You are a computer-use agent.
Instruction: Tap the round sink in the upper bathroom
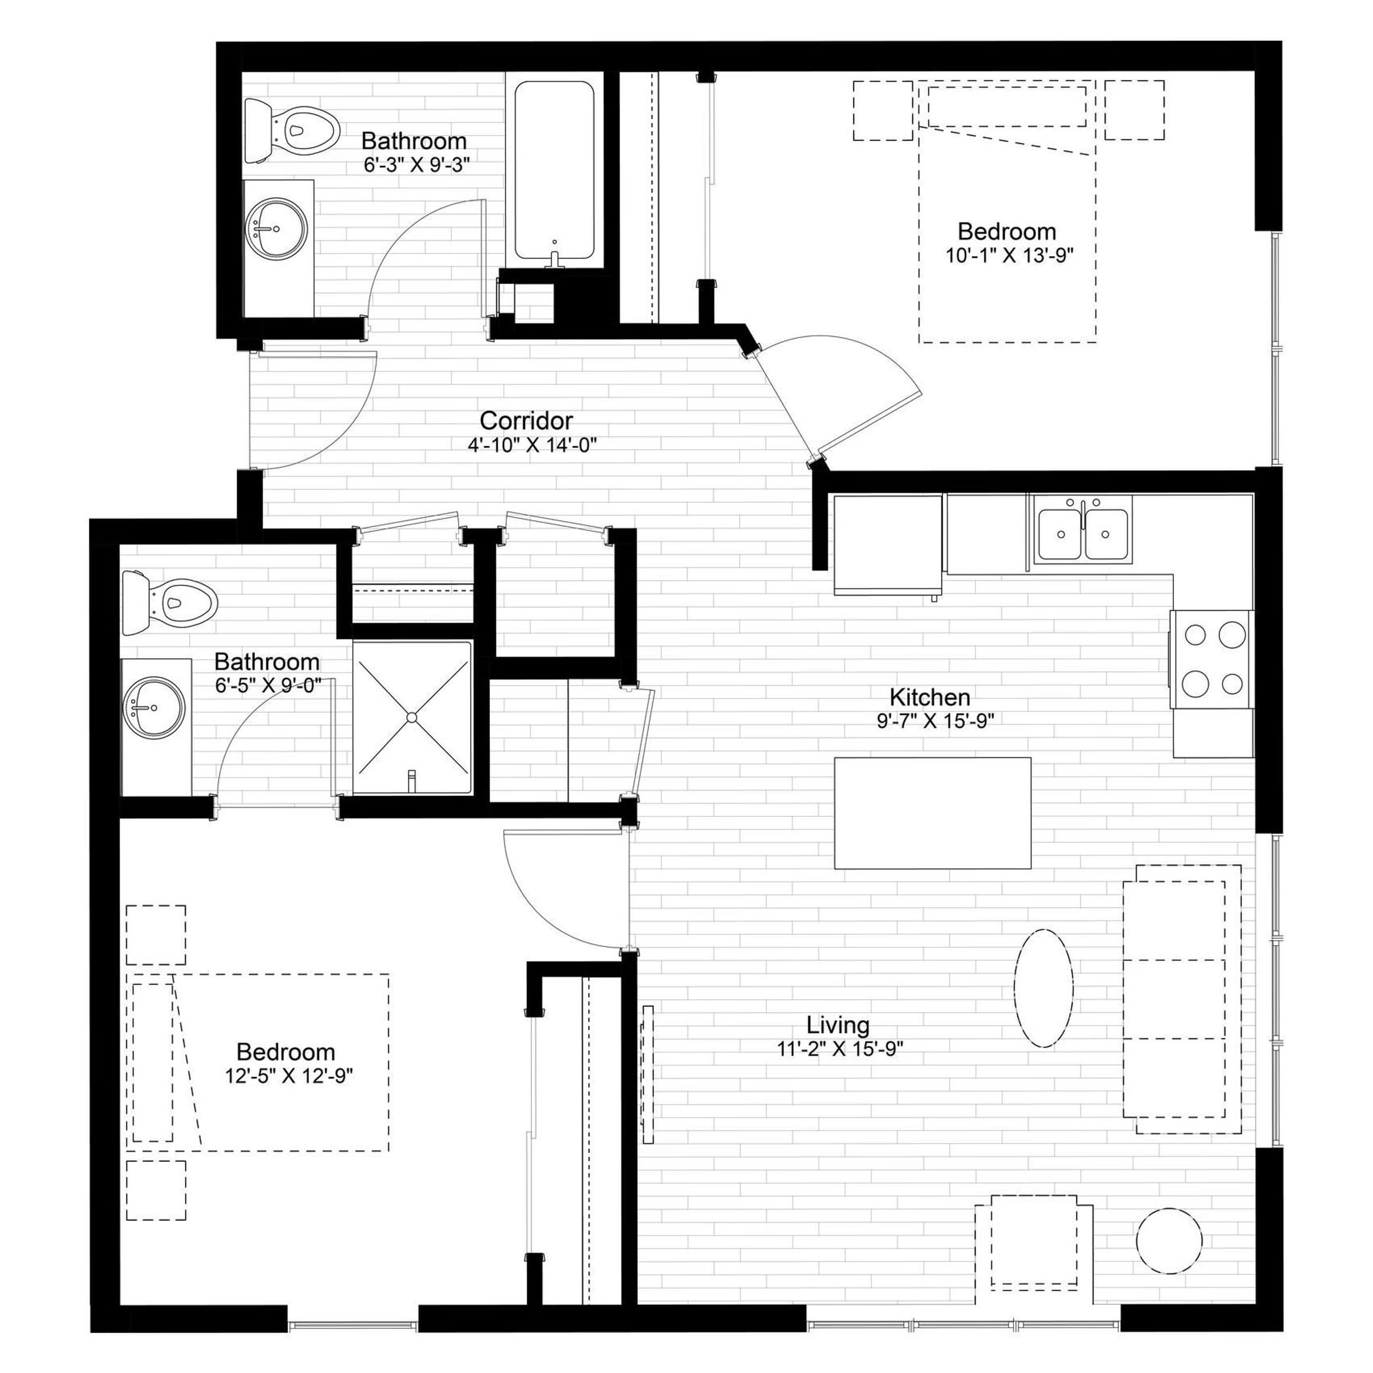tap(276, 228)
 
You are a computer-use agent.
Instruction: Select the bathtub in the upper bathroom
tap(554, 170)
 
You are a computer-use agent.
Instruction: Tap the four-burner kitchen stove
tap(1212, 659)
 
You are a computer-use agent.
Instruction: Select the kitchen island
tap(932, 813)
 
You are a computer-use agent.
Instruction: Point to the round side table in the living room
tap(1170, 1241)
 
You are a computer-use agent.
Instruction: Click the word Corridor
tap(526, 420)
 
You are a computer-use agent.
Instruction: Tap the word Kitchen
tap(930, 697)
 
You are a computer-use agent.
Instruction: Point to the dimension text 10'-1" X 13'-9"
tap(1009, 255)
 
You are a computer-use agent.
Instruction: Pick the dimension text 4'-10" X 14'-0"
tap(531, 445)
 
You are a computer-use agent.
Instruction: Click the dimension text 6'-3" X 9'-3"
tap(417, 165)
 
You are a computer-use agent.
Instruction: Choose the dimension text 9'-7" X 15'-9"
tap(935, 721)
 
